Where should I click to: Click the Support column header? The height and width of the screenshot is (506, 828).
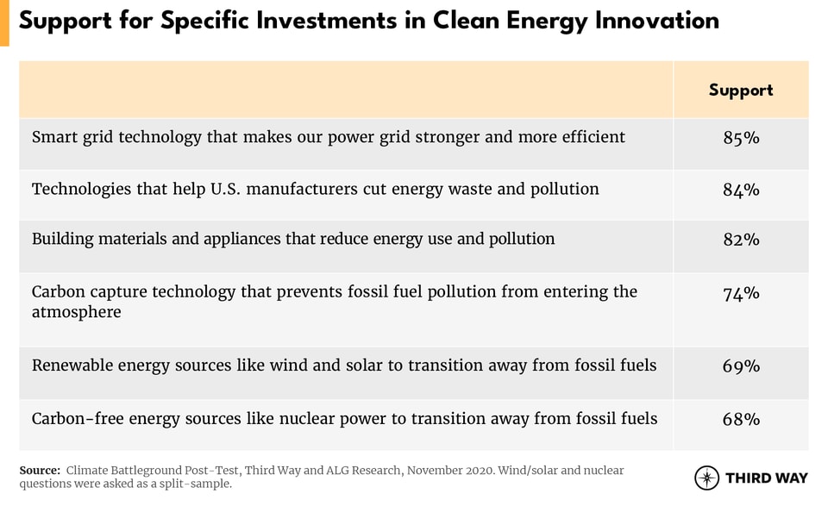[x=741, y=91]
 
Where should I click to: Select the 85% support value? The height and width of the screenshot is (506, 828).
[x=742, y=138]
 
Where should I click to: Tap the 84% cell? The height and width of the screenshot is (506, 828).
[x=742, y=190]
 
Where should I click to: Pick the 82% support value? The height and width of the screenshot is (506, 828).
[x=742, y=240]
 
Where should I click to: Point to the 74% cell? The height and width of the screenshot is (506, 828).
[x=742, y=293]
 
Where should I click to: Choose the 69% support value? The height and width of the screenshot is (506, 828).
[x=742, y=365]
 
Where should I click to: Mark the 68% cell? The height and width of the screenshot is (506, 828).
[x=742, y=419]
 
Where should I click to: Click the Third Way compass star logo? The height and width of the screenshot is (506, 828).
[x=706, y=478]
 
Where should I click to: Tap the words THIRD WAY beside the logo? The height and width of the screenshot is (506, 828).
[x=767, y=478]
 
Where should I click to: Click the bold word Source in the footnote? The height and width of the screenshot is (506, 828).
[x=40, y=470]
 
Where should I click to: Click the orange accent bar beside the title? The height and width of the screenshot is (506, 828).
[x=4, y=23]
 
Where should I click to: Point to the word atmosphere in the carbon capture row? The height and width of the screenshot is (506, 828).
[x=77, y=312]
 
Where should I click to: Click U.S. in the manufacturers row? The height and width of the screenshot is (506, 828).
[x=225, y=189]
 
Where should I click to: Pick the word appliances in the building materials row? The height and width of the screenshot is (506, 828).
[x=241, y=239]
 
